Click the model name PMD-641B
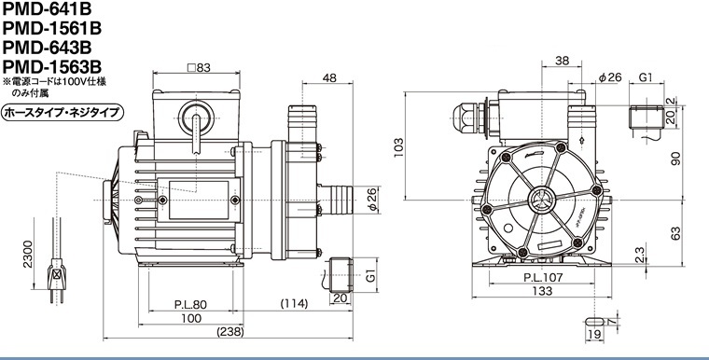click(47, 9)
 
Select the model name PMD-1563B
click(52, 67)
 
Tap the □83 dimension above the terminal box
click(199, 68)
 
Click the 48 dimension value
click(329, 77)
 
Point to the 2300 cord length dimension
click(28, 255)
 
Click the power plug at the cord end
click(57, 279)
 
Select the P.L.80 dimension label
click(190, 304)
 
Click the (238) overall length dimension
click(230, 332)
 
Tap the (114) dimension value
click(294, 303)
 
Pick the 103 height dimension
click(398, 147)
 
